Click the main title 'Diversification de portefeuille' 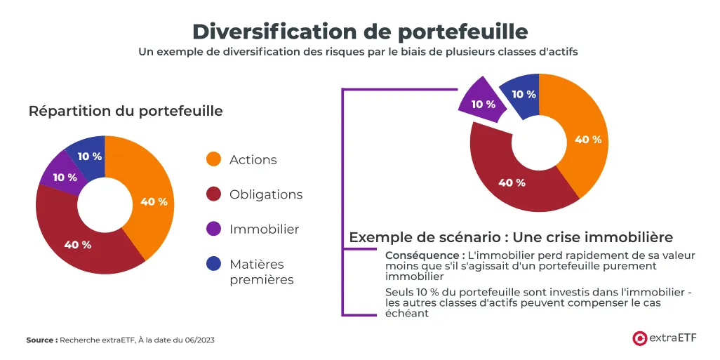pyautogui.click(x=359, y=32)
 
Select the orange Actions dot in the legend pyautogui.click(x=213, y=159)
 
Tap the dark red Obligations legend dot pyautogui.click(x=213, y=194)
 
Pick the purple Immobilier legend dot pyautogui.click(x=213, y=229)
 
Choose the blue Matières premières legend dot pyautogui.click(x=213, y=265)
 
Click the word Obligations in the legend pyautogui.click(x=266, y=194)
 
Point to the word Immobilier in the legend pyautogui.click(x=264, y=229)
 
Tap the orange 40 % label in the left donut pyautogui.click(x=154, y=202)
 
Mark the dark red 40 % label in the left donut pyautogui.click(x=77, y=245)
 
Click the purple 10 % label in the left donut pyautogui.click(x=65, y=178)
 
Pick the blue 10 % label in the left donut pyautogui.click(x=89, y=156)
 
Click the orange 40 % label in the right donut pyautogui.click(x=588, y=140)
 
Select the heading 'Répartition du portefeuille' pyautogui.click(x=126, y=111)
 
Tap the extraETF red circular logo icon pyautogui.click(x=639, y=338)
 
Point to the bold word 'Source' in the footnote pyautogui.click(x=41, y=340)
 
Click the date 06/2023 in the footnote pyautogui.click(x=199, y=340)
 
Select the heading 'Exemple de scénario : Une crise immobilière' pyautogui.click(x=511, y=237)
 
